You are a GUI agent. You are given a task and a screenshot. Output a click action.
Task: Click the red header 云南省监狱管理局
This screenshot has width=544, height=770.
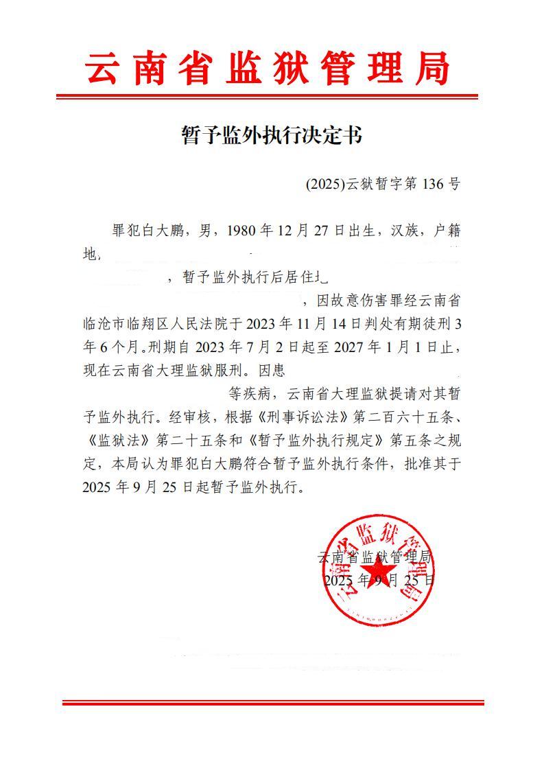click(267, 69)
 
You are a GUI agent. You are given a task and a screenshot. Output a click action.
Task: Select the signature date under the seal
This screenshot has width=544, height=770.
click(378, 581)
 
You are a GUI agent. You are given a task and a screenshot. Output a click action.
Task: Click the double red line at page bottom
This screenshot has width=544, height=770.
click(272, 703)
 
